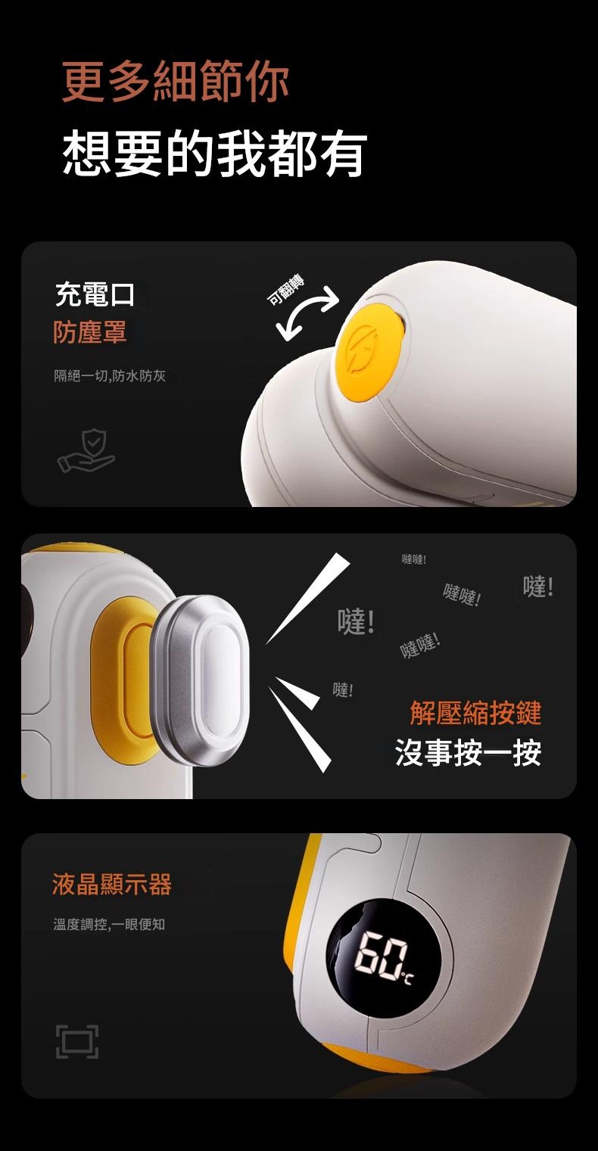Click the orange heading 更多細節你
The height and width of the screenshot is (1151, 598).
(x=176, y=81)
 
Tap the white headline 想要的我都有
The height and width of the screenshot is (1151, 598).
(x=215, y=153)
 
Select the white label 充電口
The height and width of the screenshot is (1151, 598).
(x=95, y=295)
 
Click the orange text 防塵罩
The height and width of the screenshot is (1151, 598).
(x=90, y=331)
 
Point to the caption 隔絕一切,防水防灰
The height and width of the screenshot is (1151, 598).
(x=110, y=375)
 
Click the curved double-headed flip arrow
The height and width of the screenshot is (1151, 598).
(x=307, y=313)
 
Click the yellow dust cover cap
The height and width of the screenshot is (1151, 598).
(x=369, y=351)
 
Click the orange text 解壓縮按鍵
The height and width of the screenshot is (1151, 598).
(x=475, y=713)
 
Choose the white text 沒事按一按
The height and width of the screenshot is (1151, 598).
(x=469, y=753)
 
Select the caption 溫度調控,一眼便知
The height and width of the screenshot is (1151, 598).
(x=109, y=924)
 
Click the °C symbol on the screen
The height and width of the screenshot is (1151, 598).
(x=406, y=979)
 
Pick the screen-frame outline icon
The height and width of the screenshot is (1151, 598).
(x=77, y=1041)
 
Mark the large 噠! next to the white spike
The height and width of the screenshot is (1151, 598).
(x=356, y=621)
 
